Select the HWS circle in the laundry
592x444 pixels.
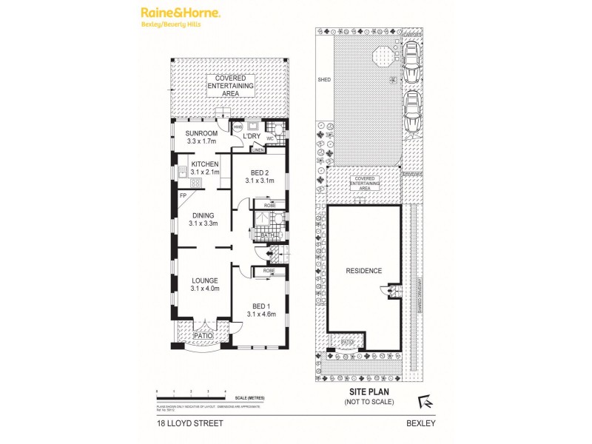point(238,127)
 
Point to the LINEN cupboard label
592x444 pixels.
point(258,150)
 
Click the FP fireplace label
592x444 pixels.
point(183,195)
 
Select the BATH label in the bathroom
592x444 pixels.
point(267,236)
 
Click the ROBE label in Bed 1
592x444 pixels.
point(267,272)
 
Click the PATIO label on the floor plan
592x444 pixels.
point(203,336)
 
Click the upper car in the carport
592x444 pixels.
point(411,61)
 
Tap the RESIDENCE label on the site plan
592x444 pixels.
point(364,271)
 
